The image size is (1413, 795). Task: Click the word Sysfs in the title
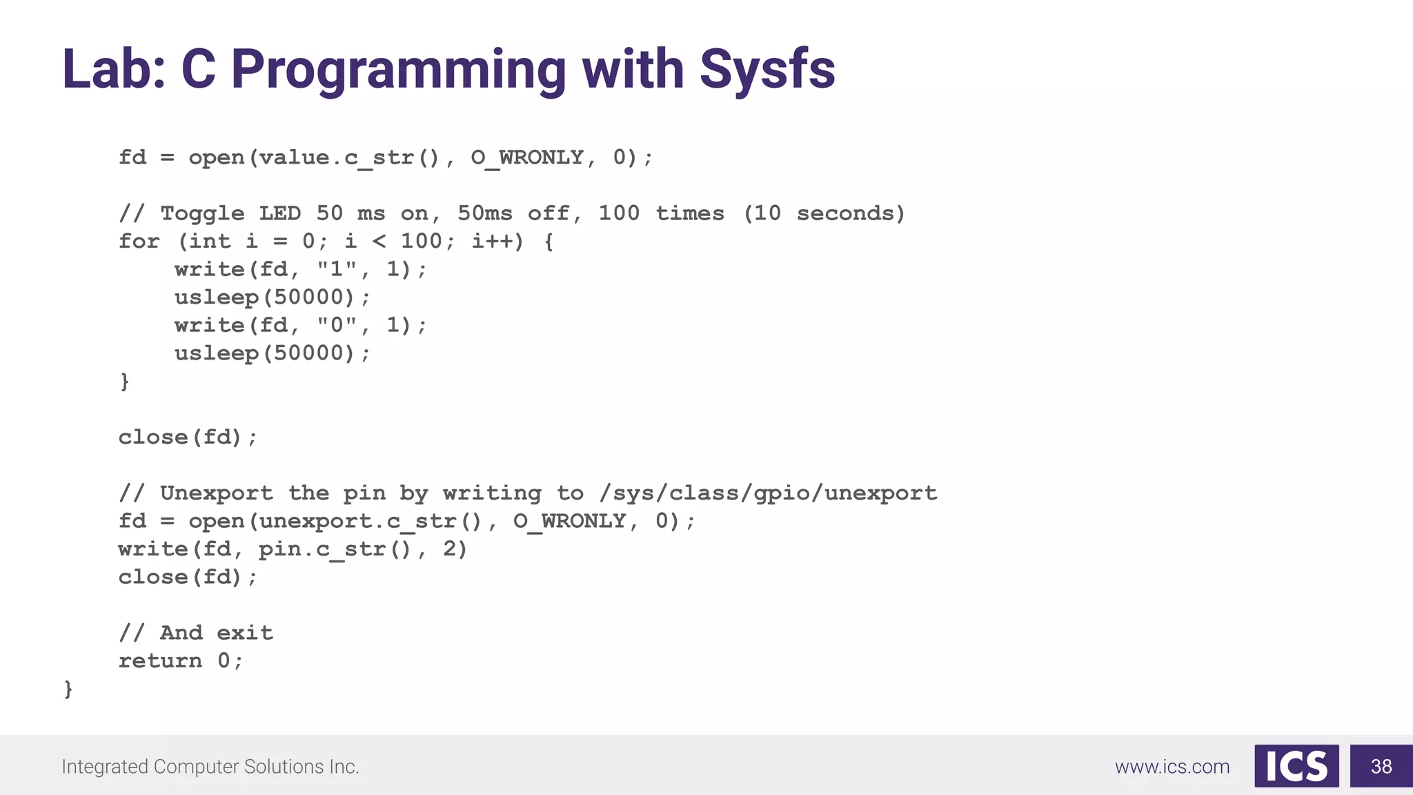coord(767,70)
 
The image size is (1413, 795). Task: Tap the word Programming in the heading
coord(398,70)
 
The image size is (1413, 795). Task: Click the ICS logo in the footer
coord(1296,766)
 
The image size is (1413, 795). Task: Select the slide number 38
coord(1381,766)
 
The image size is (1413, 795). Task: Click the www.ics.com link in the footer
coord(1172,767)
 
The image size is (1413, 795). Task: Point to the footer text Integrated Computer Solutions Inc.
coord(210,767)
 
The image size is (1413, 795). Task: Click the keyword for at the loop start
coord(139,241)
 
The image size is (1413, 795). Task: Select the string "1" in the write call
coord(337,269)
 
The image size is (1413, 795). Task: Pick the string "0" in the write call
coord(337,325)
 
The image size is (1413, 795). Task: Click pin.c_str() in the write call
coord(335,549)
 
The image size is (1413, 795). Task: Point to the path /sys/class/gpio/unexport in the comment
coord(768,493)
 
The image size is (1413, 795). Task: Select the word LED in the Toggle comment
coord(279,213)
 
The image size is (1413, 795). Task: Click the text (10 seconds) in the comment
coord(824,213)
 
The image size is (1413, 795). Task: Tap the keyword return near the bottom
coord(160,660)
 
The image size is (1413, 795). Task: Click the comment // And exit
coord(196,633)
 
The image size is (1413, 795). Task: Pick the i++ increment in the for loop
coord(491,241)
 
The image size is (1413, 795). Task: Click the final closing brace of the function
coord(68,689)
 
